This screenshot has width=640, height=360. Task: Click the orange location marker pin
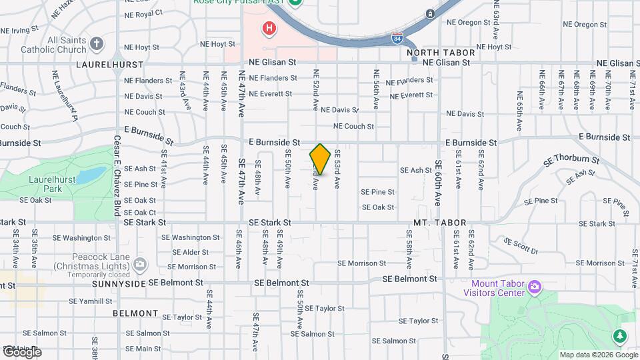tap(320, 159)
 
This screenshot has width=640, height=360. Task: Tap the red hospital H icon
tap(269, 28)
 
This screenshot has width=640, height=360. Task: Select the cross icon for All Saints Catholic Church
tap(97, 45)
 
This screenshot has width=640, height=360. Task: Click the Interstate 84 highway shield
tap(397, 39)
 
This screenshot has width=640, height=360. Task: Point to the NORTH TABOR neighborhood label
tap(441, 53)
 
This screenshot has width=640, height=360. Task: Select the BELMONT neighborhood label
tap(135, 313)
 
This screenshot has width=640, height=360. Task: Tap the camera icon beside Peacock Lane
tap(140, 265)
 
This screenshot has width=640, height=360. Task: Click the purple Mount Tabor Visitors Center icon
tap(534, 287)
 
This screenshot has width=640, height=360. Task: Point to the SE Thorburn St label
tap(571, 159)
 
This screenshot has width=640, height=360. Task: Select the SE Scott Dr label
tap(521, 246)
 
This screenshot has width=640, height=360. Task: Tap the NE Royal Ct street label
tap(143, 13)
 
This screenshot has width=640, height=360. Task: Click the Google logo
tap(22, 351)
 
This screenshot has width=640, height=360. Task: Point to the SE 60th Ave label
tap(439, 183)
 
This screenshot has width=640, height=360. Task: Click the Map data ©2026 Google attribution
tap(597, 355)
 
